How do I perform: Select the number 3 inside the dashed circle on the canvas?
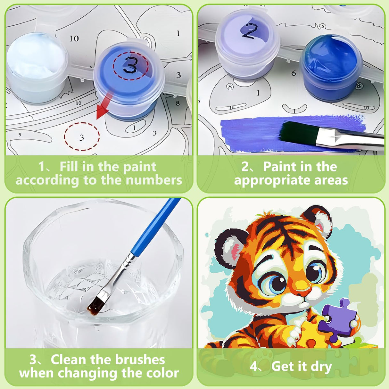coord(82,137)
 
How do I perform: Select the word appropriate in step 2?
coord(272,180)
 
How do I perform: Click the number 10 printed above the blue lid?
coord(74,38)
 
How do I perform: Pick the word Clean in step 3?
coord(68,360)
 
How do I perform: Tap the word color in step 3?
coord(162,373)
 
